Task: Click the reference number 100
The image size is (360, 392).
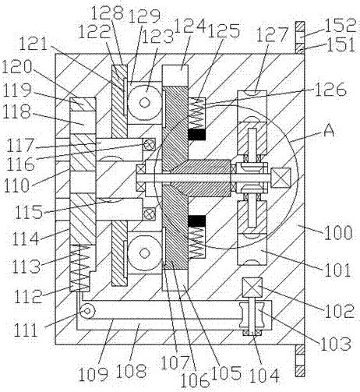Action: pyautogui.click(x=338, y=233)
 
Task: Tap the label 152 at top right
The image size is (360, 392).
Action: pyautogui.click(x=341, y=25)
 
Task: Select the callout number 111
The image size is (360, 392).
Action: pyautogui.click(x=26, y=330)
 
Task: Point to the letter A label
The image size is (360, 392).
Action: pyautogui.click(x=329, y=131)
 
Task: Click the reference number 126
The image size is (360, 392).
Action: pyautogui.click(x=330, y=90)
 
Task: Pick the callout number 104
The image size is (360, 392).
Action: pyautogui.click(x=264, y=376)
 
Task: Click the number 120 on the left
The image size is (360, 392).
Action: pyautogui.click(x=17, y=67)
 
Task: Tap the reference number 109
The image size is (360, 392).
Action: pyautogui.click(x=94, y=374)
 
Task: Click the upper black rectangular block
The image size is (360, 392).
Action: pyautogui.click(x=196, y=134)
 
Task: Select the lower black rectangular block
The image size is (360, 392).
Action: pyautogui.click(x=196, y=221)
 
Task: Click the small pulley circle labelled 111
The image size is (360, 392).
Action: pyautogui.click(x=87, y=311)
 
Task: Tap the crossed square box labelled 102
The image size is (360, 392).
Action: pyautogui.click(x=252, y=287)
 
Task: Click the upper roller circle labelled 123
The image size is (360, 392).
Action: pyautogui.click(x=145, y=102)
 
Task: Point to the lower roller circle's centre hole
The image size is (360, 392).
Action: pyautogui.click(x=145, y=253)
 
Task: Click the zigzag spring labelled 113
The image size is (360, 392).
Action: pyautogui.click(x=80, y=268)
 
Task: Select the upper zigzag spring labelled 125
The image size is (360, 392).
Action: pyautogui.click(x=196, y=113)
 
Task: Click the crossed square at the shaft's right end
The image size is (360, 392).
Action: pyautogui.click(x=281, y=178)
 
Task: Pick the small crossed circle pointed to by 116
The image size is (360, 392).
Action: pyautogui.click(x=149, y=143)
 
